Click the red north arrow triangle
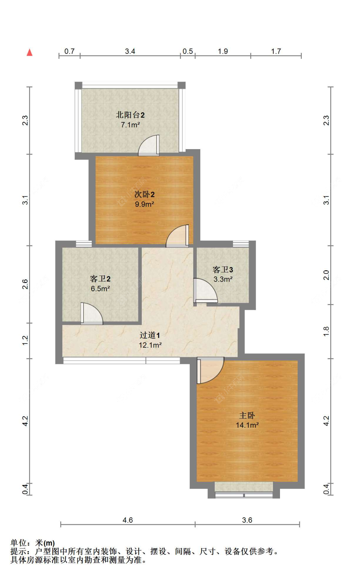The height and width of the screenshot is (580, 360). [x=29, y=52]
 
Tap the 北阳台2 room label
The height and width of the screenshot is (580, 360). [x=130, y=115]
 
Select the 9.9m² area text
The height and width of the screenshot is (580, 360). [x=144, y=204]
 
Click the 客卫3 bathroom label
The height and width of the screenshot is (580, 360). [x=223, y=270]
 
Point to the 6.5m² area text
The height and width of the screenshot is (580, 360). [x=100, y=289]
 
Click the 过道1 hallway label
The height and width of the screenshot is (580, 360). [x=149, y=335]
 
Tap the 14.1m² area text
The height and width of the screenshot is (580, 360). [x=247, y=425]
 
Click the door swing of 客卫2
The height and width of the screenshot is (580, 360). [x=91, y=314]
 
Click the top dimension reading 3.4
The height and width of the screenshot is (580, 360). [x=130, y=51]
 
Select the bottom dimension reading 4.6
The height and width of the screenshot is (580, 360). [x=127, y=520]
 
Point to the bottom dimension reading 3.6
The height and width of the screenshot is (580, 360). [x=247, y=520]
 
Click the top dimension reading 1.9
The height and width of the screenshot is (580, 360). [x=223, y=51]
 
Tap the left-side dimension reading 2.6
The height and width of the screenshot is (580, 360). [x=25, y=284]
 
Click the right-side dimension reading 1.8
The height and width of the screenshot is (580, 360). [x=326, y=331]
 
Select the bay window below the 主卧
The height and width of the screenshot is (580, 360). [x=244, y=491]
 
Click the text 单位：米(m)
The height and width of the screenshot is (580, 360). [x=33, y=543]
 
